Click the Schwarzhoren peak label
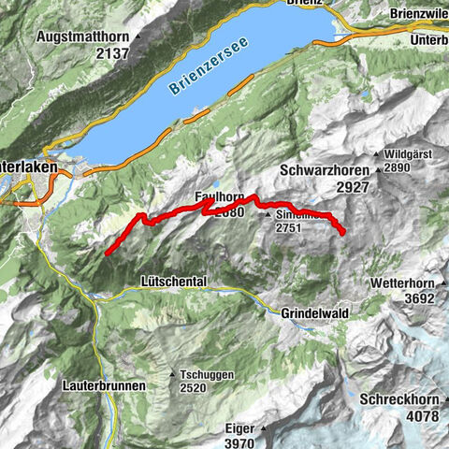tap(326, 171)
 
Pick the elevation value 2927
tap(326, 187)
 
